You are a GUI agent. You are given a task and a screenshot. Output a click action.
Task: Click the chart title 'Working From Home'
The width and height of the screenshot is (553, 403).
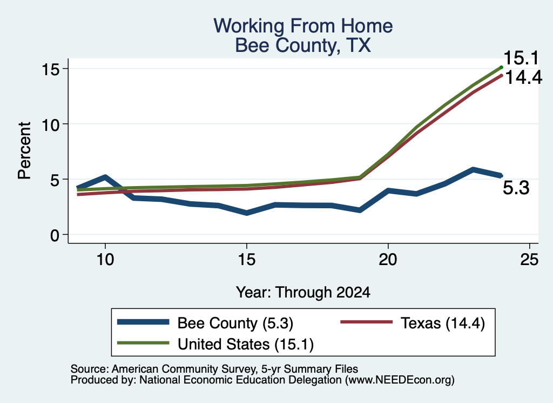point(303,26)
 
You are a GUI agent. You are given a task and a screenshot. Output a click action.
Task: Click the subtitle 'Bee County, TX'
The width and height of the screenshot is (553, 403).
point(303,45)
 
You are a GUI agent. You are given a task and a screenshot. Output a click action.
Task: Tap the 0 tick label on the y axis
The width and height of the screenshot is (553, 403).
point(55,235)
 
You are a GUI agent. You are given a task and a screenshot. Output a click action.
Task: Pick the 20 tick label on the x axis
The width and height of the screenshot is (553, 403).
point(388,260)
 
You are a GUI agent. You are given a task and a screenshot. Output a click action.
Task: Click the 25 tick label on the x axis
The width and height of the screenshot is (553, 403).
point(529,260)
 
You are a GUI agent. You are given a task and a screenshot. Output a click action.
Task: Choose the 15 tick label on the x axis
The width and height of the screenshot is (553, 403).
point(246,260)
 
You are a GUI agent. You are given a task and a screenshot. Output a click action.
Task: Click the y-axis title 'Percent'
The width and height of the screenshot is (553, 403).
point(25,150)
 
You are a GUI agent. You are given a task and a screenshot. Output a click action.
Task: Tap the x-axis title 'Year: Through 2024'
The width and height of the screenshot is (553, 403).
point(303,293)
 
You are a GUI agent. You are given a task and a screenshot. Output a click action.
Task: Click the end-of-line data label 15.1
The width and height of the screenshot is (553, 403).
point(521,58)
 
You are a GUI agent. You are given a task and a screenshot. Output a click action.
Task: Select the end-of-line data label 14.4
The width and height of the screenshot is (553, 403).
point(524,77)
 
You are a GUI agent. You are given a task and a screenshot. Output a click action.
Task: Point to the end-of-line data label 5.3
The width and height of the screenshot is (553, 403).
point(516,188)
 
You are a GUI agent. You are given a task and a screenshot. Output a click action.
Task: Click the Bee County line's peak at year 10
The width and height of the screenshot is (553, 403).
point(105,176)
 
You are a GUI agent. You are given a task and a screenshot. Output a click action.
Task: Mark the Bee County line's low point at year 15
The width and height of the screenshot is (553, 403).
point(246,213)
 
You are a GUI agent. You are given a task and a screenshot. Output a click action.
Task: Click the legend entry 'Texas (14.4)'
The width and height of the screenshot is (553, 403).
point(443,323)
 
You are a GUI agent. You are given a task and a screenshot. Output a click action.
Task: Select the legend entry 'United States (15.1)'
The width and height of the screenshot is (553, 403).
point(246,344)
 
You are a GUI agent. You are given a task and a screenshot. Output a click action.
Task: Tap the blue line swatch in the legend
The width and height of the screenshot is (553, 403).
point(143,322)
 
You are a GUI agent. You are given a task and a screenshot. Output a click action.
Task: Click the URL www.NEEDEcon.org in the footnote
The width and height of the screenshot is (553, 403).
point(399,380)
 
